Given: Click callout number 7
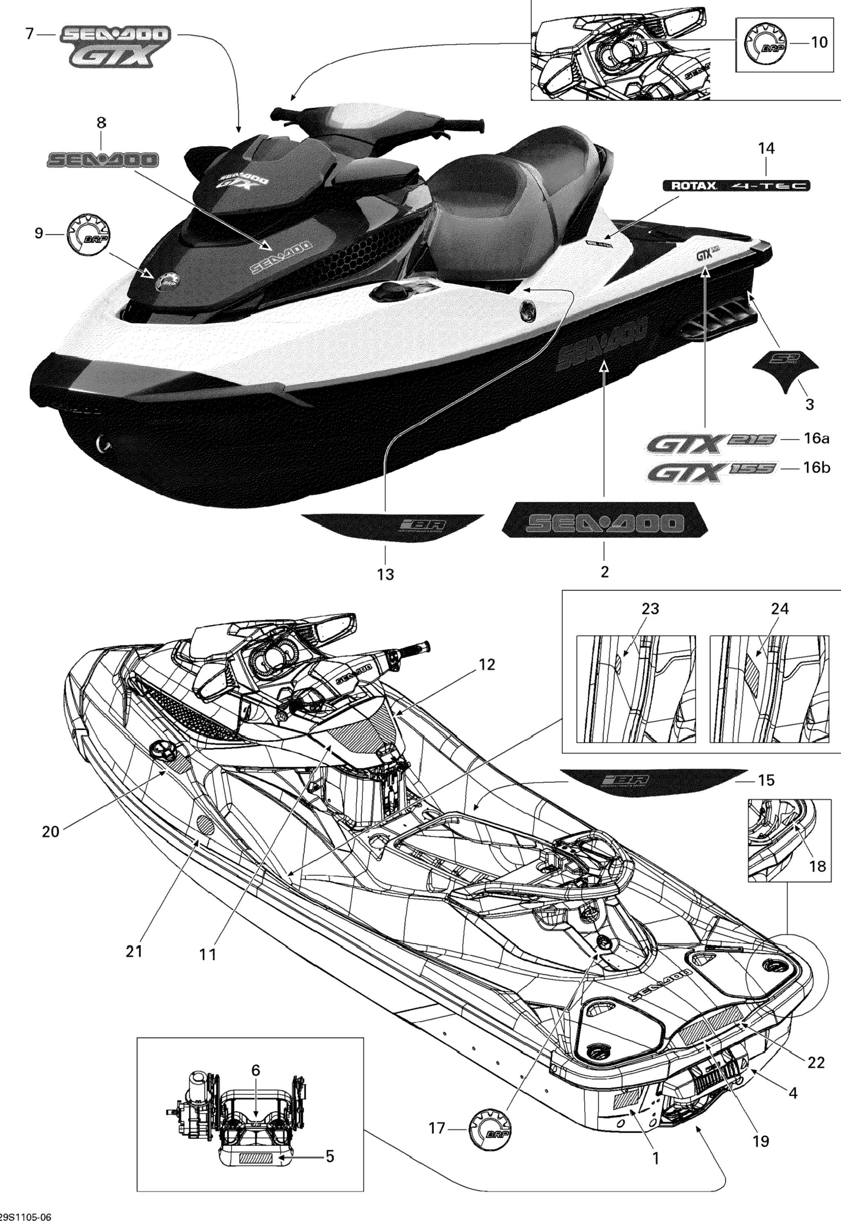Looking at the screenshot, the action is (x=29, y=34).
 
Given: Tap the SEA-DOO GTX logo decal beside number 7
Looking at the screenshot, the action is (x=115, y=47).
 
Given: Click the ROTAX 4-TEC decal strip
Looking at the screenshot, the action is (x=736, y=186).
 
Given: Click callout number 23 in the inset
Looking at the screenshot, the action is (x=650, y=609).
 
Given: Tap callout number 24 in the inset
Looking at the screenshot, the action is (x=780, y=609).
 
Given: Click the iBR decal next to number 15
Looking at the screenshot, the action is (x=651, y=780).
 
